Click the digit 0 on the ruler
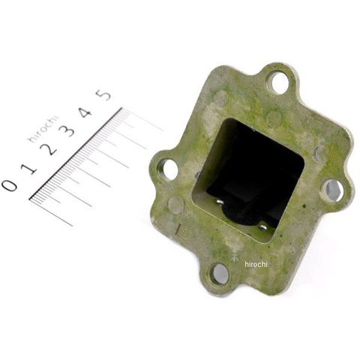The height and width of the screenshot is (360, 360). (10, 186)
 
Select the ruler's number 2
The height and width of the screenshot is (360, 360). (48, 149)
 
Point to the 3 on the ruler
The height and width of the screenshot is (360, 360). (67, 130)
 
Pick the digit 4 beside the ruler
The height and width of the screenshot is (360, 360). (85, 112)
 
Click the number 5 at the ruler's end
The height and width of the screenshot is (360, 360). (103, 94)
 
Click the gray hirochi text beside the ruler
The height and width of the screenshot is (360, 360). (43, 129)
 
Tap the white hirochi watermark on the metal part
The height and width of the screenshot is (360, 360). (256, 264)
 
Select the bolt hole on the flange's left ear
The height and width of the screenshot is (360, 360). (168, 169)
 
